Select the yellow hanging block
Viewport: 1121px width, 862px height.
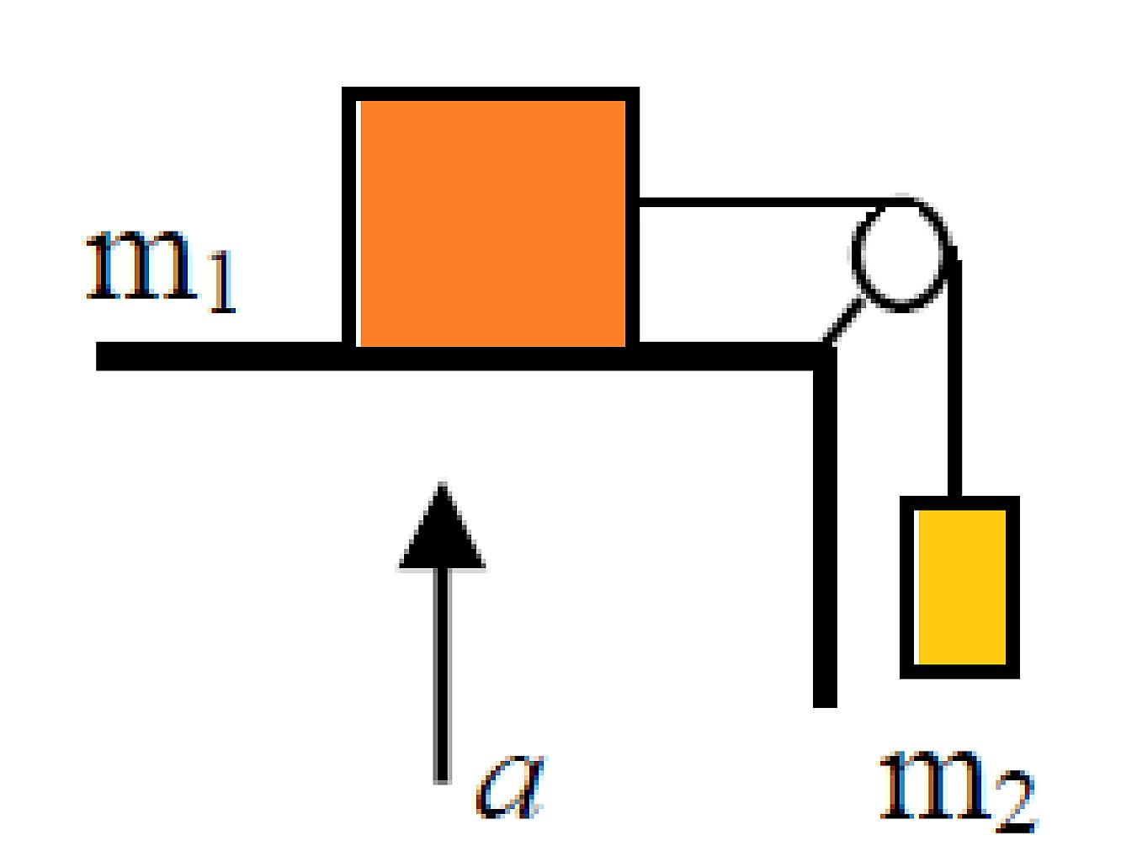pos(959,587)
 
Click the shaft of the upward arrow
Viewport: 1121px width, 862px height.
pos(442,676)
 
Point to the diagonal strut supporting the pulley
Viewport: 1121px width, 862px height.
pos(842,321)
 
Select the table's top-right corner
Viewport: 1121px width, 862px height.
pos(835,344)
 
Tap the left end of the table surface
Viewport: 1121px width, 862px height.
pos(98,356)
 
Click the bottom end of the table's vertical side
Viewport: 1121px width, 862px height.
pos(825,705)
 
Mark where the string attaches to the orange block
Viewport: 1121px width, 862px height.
pos(640,202)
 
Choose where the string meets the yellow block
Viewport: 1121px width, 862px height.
pos(955,497)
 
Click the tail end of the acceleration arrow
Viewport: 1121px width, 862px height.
pos(442,783)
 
